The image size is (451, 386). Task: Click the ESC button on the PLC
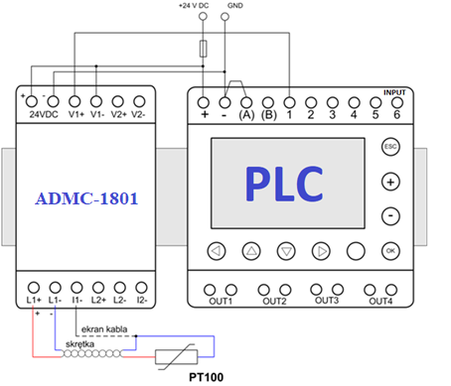tap(390, 147)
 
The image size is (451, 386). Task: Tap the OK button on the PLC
tap(390, 251)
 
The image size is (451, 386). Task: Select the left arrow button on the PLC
tap(217, 251)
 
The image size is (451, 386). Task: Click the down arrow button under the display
tap(286, 251)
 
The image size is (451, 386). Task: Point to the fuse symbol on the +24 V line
tap(204, 49)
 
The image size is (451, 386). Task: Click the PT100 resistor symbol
tap(177, 357)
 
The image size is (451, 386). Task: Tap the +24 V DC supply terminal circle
tap(203, 16)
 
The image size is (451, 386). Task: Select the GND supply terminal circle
tap(225, 16)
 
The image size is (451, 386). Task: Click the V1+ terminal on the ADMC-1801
tap(75, 101)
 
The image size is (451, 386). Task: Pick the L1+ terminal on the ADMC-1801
tap(34, 288)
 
